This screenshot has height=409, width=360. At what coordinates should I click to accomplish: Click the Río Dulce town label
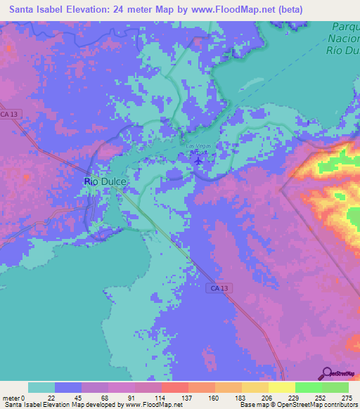105,181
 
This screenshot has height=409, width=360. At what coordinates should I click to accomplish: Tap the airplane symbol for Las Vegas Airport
199,160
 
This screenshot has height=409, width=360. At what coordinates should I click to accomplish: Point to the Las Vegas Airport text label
196,148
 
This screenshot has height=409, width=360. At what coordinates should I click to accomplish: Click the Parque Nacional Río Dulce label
345,39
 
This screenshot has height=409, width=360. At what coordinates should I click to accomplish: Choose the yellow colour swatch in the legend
281,387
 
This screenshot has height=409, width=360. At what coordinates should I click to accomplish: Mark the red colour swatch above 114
174,387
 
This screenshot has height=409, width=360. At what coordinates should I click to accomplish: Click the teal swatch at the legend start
41,387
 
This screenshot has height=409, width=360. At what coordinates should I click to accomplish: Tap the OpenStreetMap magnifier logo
325,373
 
